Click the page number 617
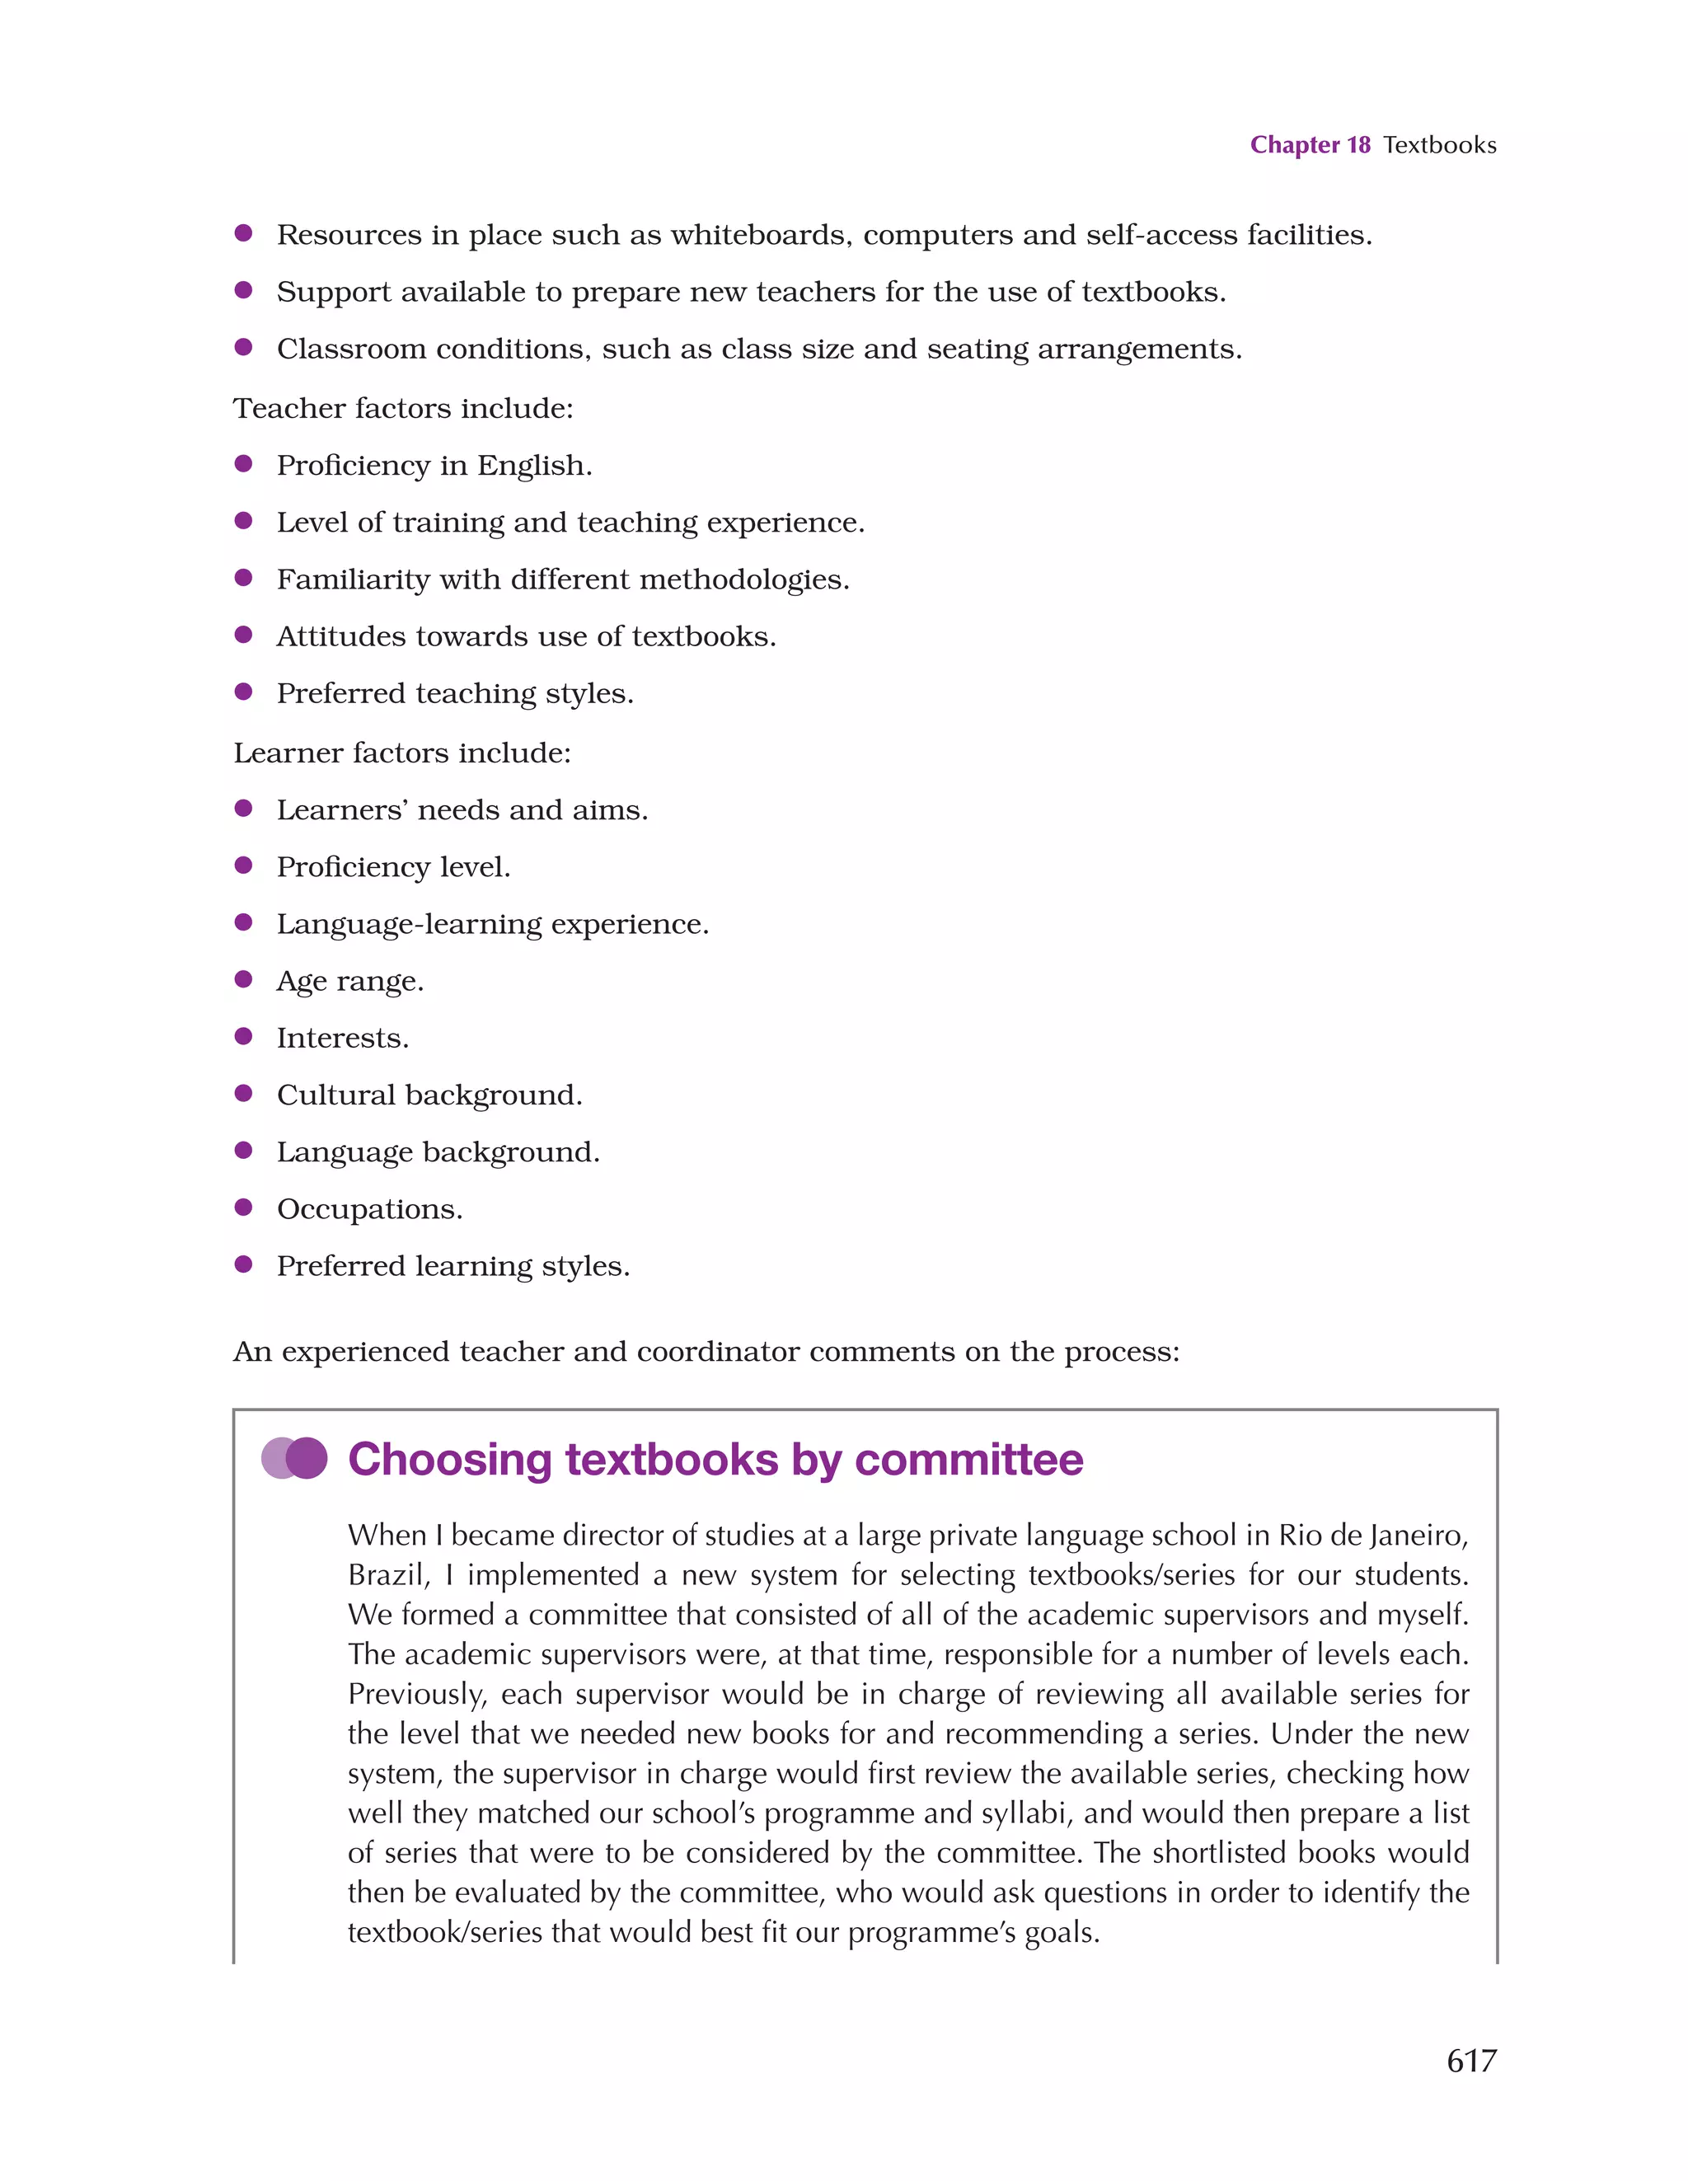tap(1470, 2060)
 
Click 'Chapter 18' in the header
tap(1310, 145)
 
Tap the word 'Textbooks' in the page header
tap(1439, 145)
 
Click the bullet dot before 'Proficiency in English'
tap(242, 463)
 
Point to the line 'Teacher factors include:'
tap(404, 409)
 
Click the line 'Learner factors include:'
tap(402, 753)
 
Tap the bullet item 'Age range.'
tap(350, 982)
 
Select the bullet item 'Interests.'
tap(343, 1039)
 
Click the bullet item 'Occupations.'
tap(369, 1209)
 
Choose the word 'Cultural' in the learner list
tap(335, 1095)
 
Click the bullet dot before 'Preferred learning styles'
tap(242, 1264)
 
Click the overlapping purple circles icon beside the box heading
tap(294, 1458)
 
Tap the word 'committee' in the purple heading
tap(968, 1460)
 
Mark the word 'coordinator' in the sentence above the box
tap(718, 1352)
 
